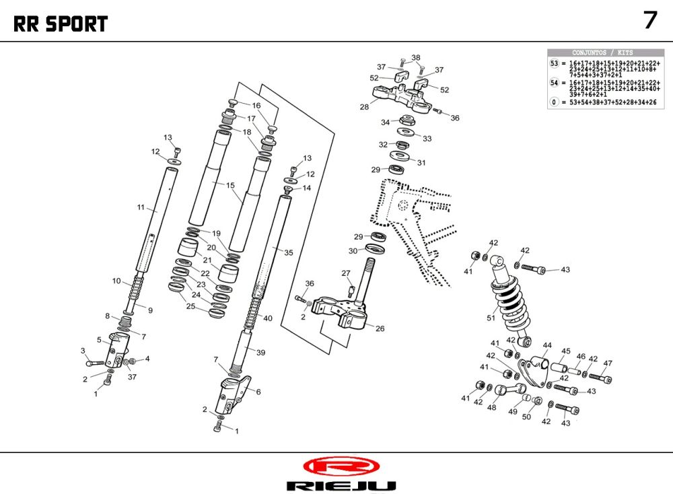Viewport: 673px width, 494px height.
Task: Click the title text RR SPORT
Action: pos(61,24)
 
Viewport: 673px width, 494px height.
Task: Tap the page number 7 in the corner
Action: pos(649,20)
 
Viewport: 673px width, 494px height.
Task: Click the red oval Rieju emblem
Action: pos(341,466)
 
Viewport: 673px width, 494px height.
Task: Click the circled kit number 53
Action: pos(555,63)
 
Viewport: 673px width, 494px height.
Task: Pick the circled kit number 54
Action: pos(555,83)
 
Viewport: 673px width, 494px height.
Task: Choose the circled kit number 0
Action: pos(555,102)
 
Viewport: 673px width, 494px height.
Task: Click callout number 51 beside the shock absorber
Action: pos(491,318)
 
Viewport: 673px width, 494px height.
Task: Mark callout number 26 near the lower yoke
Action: pos(380,329)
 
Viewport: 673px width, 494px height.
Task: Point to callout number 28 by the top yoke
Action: pos(364,107)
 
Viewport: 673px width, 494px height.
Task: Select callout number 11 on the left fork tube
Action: pos(141,208)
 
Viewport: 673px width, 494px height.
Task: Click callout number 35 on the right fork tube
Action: pos(289,253)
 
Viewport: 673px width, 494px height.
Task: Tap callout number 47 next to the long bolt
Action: pos(608,363)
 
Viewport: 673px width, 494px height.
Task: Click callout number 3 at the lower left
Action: pos(83,351)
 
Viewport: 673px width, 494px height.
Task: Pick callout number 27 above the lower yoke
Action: pos(346,273)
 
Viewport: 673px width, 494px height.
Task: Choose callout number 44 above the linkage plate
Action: pos(547,345)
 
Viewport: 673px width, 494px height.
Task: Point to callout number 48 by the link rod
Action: pos(492,408)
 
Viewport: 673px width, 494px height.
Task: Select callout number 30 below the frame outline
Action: pos(353,251)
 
